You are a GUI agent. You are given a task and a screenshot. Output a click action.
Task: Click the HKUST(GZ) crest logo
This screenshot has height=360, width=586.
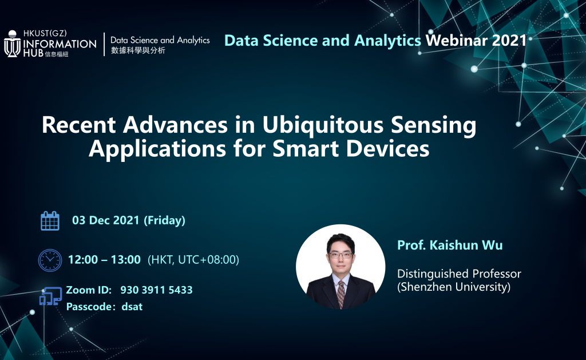[13, 43]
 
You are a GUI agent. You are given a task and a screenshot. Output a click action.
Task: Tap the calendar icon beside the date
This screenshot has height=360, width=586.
[50, 220]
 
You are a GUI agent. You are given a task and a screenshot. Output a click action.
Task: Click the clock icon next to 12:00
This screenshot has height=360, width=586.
[50, 260]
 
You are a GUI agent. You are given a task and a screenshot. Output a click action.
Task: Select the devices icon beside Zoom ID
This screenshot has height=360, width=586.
[51, 296]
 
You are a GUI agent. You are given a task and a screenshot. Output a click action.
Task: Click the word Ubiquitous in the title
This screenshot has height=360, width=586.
[323, 125]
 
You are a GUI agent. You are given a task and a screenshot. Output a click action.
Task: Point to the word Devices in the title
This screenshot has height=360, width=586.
[388, 149]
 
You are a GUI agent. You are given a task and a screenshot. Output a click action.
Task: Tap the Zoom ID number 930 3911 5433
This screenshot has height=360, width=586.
[156, 290]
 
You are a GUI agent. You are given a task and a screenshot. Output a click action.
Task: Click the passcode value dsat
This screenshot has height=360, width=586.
[132, 307]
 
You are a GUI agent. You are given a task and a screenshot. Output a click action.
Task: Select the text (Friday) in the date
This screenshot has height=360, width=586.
[164, 220]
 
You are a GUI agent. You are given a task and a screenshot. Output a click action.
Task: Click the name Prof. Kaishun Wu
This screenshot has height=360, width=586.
[450, 245]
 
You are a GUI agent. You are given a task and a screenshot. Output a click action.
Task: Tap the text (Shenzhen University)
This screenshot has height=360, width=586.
[454, 287]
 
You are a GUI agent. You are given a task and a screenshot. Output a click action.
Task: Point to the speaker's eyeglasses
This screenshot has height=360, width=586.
[340, 255]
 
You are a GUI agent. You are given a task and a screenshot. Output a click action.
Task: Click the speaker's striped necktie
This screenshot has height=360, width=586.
[341, 294]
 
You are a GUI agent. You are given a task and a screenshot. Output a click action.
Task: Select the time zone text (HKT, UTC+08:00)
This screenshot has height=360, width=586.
[193, 260]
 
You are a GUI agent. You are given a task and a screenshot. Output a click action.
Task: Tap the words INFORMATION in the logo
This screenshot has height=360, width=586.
[60, 44]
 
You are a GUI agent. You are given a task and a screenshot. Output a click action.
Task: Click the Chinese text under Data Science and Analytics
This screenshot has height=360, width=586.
[138, 50]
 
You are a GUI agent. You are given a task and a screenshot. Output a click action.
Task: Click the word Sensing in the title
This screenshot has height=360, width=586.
[434, 126]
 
